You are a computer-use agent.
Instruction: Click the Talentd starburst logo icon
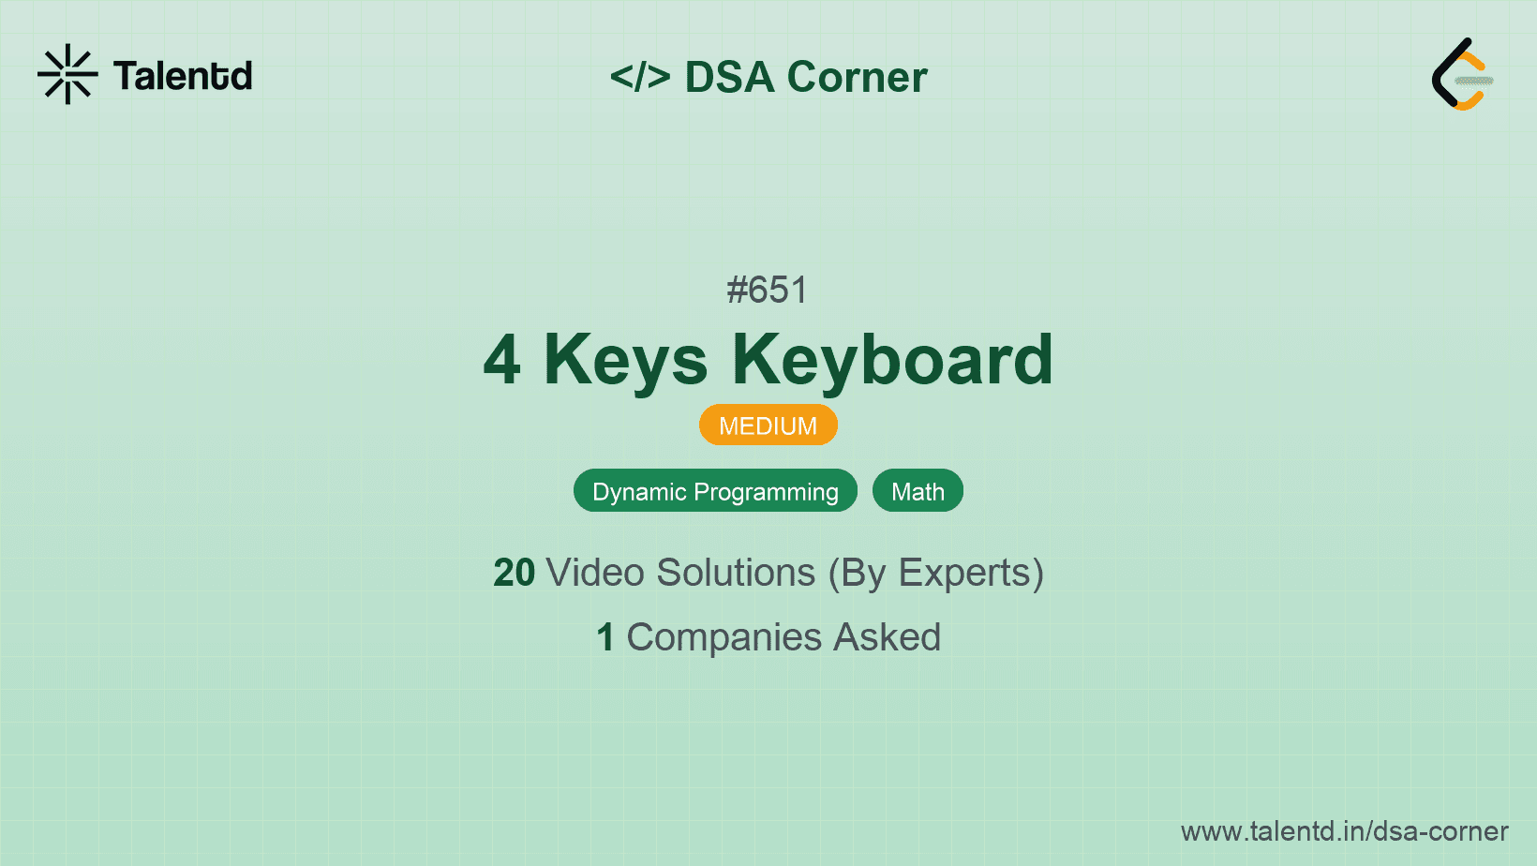[67, 74]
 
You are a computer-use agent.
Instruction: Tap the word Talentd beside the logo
[183, 75]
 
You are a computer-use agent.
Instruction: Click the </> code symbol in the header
[640, 77]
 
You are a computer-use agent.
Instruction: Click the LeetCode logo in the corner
[1462, 74]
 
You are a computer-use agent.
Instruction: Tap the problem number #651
[768, 290]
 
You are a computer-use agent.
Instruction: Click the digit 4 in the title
[502, 360]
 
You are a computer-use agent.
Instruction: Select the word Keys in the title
[625, 361]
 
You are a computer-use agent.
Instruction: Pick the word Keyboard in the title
[892, 360]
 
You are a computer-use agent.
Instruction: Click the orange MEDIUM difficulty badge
[768, 425]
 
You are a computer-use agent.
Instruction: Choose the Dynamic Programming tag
[715, 491]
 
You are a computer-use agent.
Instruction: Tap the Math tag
[918, 491]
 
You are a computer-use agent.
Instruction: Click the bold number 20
[514, 573]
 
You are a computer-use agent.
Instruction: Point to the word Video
[595, 573]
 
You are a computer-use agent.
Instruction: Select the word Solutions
[736, 573]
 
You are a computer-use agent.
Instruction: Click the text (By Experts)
[936, 574]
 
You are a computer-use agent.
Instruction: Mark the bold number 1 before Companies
[605, 637]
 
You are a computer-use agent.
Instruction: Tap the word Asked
[887, 636]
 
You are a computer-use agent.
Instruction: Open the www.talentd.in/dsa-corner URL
[1344, 831]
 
